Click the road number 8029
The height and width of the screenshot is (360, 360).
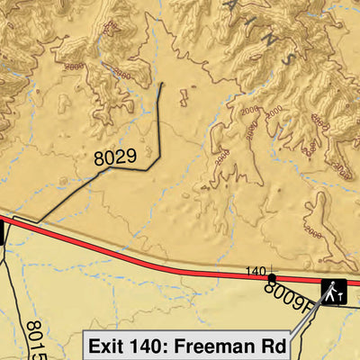point(114,158)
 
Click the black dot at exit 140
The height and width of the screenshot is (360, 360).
point(272,278)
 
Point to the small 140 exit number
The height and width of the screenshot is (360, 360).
point(256,271)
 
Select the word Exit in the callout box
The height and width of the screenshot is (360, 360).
point(111,345)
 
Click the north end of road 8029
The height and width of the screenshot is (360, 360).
point(163,84)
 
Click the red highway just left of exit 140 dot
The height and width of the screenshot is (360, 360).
point(243,273)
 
